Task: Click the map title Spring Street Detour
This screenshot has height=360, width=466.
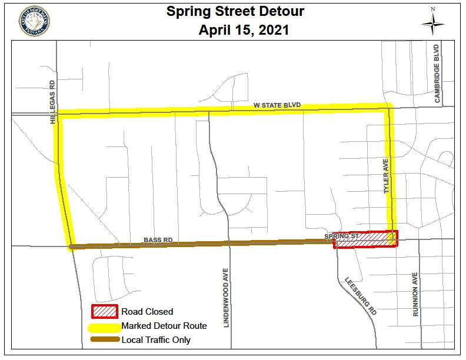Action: pos(244,11)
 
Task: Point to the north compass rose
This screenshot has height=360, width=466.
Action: pos(432,24)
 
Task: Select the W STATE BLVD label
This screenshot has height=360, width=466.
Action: pos(277,105)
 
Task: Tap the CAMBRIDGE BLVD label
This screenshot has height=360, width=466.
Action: pos(437,74)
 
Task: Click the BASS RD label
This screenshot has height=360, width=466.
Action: pos(158,240)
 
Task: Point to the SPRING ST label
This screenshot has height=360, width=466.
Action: pos(345,236)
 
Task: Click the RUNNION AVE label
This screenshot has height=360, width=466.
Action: pos(415,295)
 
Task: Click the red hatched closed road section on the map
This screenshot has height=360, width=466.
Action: pos(365,239)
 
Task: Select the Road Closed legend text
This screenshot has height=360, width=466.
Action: pos(147,312)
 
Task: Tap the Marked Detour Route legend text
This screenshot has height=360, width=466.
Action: pos(164,325)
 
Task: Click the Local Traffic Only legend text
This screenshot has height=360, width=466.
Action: pos(156,339)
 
